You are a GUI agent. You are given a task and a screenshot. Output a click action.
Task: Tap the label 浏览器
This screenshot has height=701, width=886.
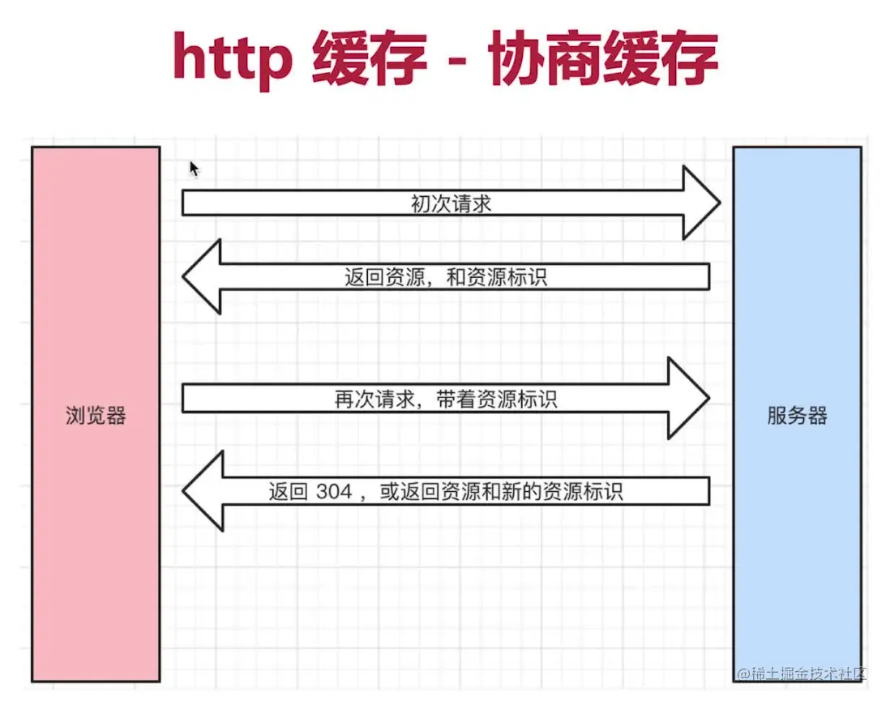pyautogui.click(x=96, y=417)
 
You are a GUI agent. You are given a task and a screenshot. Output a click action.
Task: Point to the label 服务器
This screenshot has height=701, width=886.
pyautogui.click(x=797, y=417)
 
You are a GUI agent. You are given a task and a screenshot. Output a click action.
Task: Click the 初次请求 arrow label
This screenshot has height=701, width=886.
pyautogui.click(x=451, y=203)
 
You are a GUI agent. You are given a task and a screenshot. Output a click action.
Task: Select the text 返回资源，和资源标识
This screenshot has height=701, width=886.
pyautogui.click(x=446, y=277)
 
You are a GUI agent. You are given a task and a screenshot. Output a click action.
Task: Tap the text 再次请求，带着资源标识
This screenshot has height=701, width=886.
pyautogui.click(x=446, y=400)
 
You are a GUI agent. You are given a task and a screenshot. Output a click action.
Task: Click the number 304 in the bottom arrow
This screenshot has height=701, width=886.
pyautogui.click(x=334, y=492)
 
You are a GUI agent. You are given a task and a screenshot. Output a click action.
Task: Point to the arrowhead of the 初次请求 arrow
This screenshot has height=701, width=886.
pyautogui.click(x=700, y=203)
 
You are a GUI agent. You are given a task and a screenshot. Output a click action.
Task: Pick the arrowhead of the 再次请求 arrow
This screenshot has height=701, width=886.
pyautogui.click(x=688, y=399)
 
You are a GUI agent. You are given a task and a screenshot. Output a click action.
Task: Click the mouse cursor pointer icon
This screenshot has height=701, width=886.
pyautogui.click(x=194, y=168)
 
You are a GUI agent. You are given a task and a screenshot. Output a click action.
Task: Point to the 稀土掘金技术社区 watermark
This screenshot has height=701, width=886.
pyautogui.click(x=802, y=674)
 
